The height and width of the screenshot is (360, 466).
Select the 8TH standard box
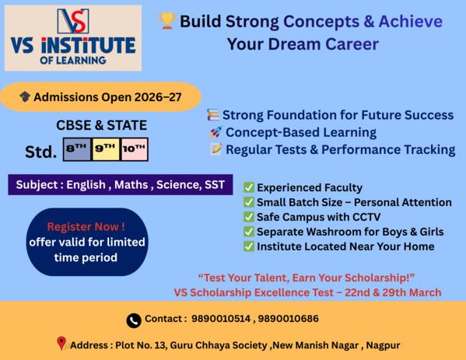pos(76,149)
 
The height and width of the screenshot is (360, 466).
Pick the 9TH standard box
pos(105,149)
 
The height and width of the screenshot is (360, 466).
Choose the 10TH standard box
pos(134,149)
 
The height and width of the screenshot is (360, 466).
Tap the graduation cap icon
pos(26,97)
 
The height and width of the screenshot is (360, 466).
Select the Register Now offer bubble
pos(75,242)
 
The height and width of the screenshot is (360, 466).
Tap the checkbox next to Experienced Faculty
pos(248,188)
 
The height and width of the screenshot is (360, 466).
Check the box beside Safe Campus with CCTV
pos(248,217)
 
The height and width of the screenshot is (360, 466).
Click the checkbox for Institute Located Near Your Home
pos(248,246)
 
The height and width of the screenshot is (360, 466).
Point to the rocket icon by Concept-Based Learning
pos(215,132)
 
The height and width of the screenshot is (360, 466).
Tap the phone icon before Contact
pos(134,320)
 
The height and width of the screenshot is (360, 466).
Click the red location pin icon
pos(61,344)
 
